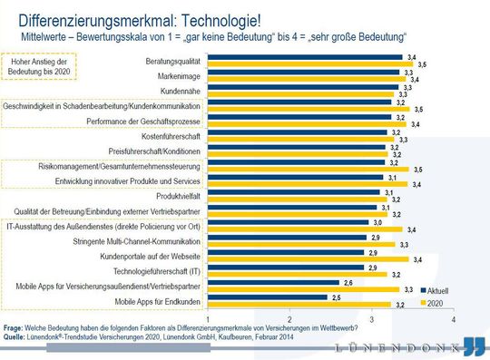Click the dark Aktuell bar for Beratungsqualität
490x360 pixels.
coord(305,57)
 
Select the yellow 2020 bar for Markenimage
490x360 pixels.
coord(305,79)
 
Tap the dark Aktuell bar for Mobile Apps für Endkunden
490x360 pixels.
coord(268,297)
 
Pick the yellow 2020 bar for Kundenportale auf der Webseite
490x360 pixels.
coord(305,258)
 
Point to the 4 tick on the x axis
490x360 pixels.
coord(452,319)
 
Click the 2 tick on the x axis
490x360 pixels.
coord(289,319)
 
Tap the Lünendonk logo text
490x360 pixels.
coord(398,348)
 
